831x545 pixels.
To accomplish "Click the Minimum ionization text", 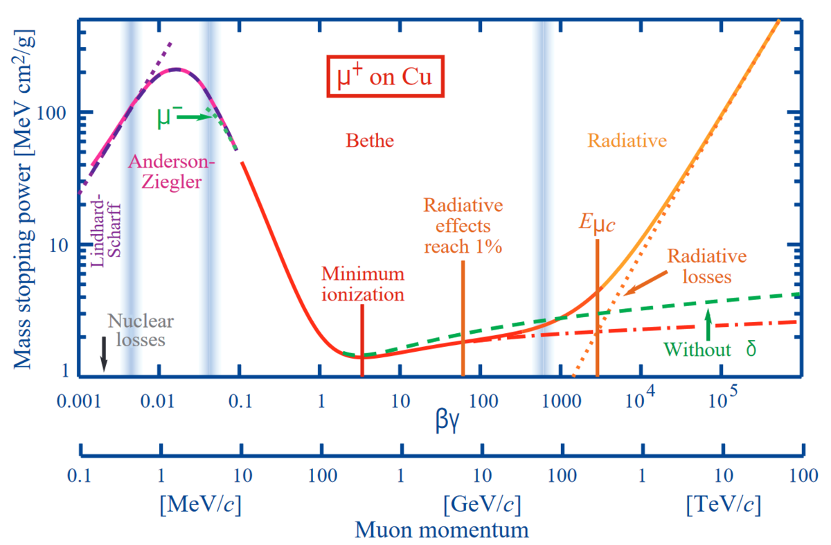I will tap(362, 284).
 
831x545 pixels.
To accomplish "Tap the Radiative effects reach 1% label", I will tap(463, 226).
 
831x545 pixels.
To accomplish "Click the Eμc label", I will tap(597, 224).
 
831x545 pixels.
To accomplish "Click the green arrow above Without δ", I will tap(707, 324).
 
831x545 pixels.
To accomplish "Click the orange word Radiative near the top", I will tap(627, 141).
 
